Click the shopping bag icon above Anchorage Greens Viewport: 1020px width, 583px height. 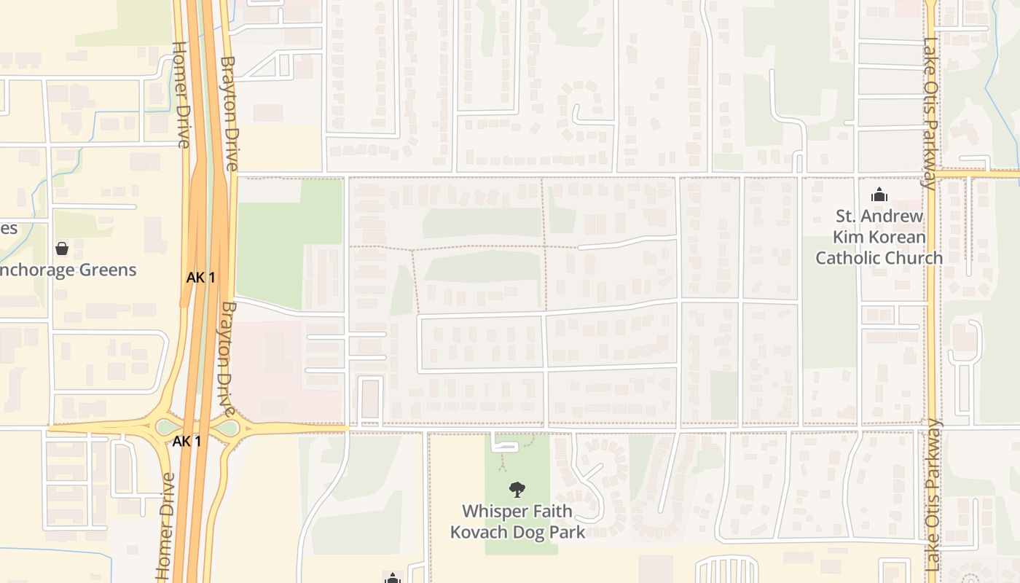[62, 249]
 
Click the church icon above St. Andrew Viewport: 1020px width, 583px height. [879, 195]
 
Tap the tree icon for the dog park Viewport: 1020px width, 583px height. [517, 490]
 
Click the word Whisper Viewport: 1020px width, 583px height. [492, 511]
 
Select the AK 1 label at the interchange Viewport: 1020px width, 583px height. [187, 441]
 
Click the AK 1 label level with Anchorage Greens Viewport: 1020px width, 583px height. [201, 277]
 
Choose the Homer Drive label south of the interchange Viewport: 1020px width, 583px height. [166, 526]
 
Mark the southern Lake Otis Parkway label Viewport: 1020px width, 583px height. [935, 496]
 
